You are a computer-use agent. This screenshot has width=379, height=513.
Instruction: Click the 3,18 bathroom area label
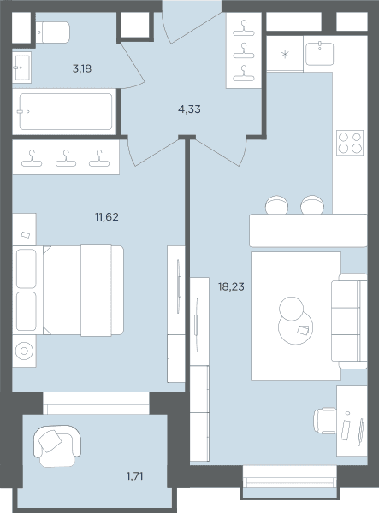pyautogui.click(x=82, y=69)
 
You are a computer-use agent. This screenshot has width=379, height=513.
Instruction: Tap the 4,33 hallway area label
pyautogui.click(x=189, y=109)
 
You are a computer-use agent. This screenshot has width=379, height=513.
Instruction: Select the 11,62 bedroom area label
pyautogui.click(x=107, y=217)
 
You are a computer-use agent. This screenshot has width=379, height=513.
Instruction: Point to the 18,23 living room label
pyautogui.click(x=231, y=287)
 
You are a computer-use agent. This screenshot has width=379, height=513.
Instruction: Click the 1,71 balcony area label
pyautogui.click(x=135, y=476)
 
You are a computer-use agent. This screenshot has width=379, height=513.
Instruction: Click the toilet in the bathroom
pyautogui.click(x=52, y=32)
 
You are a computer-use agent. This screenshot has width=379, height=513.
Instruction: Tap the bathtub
pyautogui.click(x=66, y=111)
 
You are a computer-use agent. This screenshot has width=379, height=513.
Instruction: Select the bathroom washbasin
pyautogui.click(x=22, y=68)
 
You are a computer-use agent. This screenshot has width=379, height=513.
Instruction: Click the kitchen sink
pyautogui.click(x=319, y=54)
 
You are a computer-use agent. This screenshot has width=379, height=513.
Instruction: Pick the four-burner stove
pyautogui.click(x=350, y=143)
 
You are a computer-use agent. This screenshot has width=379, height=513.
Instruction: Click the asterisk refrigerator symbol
pyautogui.click(x=285, y=54)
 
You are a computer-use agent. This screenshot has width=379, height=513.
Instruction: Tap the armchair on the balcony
pyautogui.click(x=57, y=445)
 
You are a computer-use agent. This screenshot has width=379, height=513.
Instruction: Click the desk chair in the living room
pyautogui.click(x=324, y=421)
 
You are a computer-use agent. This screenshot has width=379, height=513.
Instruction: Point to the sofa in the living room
pyautogui.click(x=349, y=321)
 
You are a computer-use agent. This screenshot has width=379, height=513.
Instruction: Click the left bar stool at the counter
pyautogui.click(x=277, y=205)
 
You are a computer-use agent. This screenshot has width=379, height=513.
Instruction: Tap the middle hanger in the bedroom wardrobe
pyautogui.click(x=66, y=158)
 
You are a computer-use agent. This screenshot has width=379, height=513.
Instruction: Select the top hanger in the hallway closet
pyautogui.click(x=244, y=28)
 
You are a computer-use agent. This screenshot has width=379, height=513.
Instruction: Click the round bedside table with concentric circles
pyautogui.click(x=24, y=351)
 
